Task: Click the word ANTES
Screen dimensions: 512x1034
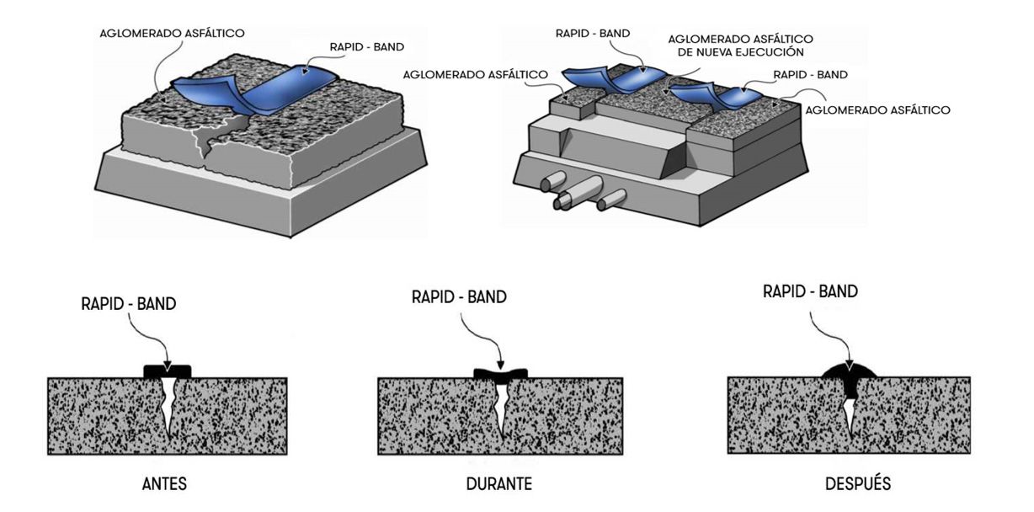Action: coord(165,485)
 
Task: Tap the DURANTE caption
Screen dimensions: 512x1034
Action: coord(498,485)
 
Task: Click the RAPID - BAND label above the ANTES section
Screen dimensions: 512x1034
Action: coord(129,304)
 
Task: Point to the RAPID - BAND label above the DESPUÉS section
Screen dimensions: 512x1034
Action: coord(810,292)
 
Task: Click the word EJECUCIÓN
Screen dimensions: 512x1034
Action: coord(773,52)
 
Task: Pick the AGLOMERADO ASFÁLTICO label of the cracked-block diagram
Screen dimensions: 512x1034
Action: coord(172,34)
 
